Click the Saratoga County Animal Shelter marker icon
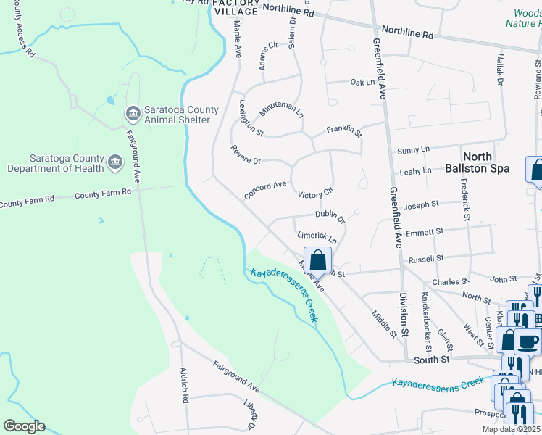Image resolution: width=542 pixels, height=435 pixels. pyautogui.click(x=133, y=113)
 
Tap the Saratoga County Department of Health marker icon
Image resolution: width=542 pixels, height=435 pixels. pyautogui.click(x=115, y=162)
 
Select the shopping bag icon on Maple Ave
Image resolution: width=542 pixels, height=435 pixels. pyautogui.click(x=317, y=260)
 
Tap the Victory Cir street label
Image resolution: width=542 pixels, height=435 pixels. pyautogui.click(x=315, y=194)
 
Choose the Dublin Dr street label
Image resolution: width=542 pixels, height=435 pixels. pyautogui.click(x=330, y=215)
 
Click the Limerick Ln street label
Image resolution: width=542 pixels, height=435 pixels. pyautogui.click(x=317, y=237)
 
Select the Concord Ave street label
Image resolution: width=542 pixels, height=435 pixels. pyautogui.click(x=265, y=190)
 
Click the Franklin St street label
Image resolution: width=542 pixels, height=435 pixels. pyautogui.click(x=343, y=130)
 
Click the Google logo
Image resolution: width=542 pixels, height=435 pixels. pyautogui.click(x=24, y=426)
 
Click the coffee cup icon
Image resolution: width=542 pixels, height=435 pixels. pyautogui.click(x=527, y=341)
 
